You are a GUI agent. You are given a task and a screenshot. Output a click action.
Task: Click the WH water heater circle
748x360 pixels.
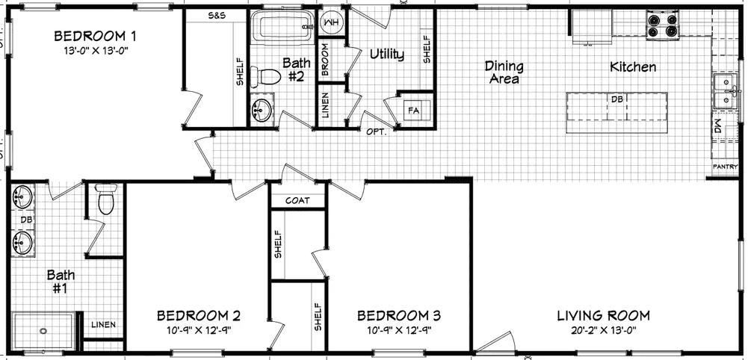pos(331,24)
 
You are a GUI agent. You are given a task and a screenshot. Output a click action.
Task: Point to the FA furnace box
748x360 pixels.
pos(413,111)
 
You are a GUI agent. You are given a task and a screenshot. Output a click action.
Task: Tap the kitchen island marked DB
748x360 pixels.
pos(616,106)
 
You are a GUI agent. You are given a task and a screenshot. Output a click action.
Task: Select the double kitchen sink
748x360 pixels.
pos(723,92)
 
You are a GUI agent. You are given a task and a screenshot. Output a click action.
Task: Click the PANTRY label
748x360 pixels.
pos(725,167)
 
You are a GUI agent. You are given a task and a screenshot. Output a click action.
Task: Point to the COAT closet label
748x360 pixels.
pos(297,201)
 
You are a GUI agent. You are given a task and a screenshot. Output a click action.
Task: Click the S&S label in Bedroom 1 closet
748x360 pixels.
pos(217,15)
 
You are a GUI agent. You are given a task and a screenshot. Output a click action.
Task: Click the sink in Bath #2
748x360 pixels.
pos(260,110)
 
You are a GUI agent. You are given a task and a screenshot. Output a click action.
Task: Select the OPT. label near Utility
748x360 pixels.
pos(375,131)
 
